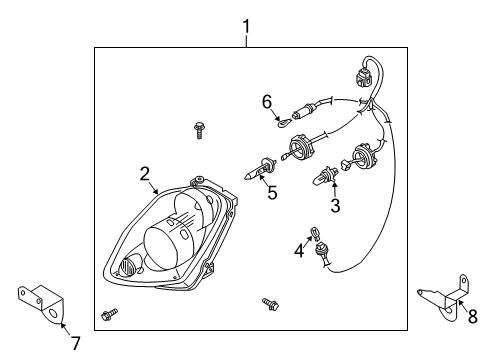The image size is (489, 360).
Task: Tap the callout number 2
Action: tap(146, 173)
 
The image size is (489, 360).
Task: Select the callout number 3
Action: tap(336, 206)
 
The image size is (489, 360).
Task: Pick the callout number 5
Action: tap(271, 191)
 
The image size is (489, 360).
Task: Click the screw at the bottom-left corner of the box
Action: tap(109, 317)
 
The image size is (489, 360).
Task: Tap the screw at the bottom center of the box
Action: tap(269, 303)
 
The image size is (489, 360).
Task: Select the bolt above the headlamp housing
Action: tap(198, 129)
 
